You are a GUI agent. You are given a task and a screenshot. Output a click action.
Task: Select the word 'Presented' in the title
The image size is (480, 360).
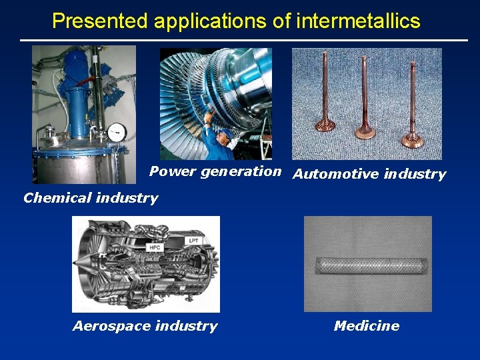pos(100,21)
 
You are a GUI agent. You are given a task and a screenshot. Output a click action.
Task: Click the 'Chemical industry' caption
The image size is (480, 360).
pos(91,198)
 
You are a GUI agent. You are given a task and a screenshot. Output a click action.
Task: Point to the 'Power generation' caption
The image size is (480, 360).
pos(215,171)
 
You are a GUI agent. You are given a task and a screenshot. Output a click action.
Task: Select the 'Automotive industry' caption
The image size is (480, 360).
pos(369,175)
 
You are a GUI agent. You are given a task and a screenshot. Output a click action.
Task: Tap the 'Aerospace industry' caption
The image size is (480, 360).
pos(145,326)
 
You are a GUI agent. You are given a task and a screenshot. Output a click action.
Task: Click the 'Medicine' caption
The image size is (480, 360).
pos(367,326)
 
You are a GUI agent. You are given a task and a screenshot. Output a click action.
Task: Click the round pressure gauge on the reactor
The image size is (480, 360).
pos(117,131)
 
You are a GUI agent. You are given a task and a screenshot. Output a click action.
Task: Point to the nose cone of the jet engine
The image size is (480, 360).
pos(85,263)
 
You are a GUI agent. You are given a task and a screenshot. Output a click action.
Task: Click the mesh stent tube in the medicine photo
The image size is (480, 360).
pos(367,264)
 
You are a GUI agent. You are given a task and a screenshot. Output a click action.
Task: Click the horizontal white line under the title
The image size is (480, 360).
pos(243,40)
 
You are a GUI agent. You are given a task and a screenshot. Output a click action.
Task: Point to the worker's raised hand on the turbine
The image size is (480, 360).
pos(209,120)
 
